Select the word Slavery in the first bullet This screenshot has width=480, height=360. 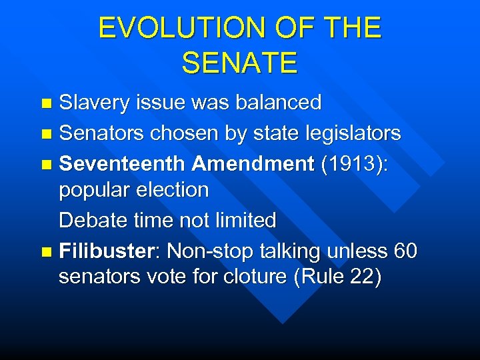coord(95,103)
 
